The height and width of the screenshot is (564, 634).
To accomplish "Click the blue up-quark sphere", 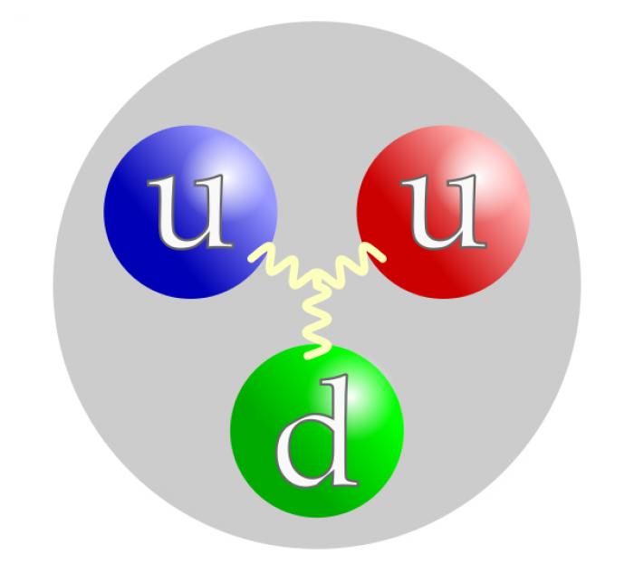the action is [x=190, y=212].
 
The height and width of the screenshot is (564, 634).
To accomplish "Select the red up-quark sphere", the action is [x=444, y=212].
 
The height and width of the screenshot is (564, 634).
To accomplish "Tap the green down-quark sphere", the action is [x=317, y=431].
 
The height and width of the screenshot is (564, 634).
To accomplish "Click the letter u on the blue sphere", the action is [x=190, y=212].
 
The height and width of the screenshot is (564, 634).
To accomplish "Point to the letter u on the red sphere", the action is [x=444, y=212].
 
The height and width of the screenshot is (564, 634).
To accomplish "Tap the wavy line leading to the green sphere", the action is [x=316, y=320].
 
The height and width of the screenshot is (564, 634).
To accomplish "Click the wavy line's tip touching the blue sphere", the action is [x=253, y=258].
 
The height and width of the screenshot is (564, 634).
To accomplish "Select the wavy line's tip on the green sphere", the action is [x=308, y=356].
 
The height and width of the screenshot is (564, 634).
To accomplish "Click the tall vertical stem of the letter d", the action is [x=339, y=430].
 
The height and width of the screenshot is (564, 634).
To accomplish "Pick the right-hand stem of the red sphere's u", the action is [x=467, y=211].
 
